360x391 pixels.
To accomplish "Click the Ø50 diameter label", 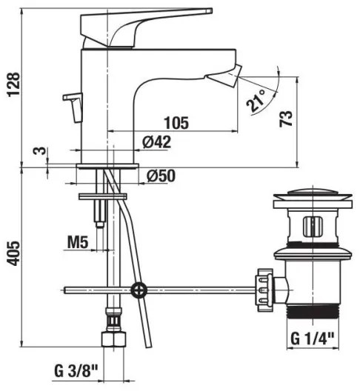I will point(161,176).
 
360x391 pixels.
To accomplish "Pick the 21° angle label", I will point(257,104).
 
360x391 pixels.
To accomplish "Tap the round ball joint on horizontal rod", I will point(137,289).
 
